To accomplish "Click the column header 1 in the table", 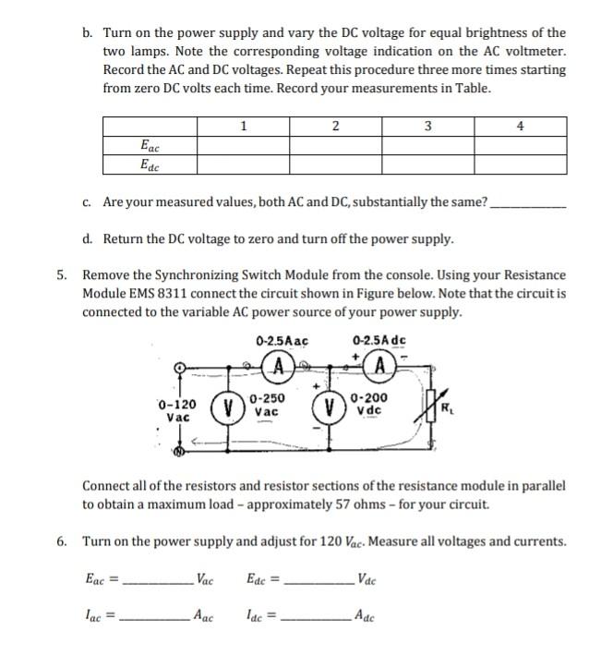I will click(x=243, y=126).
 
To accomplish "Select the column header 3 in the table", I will click(x=427, y=126).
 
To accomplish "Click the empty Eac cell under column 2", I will click(x=335, y=145).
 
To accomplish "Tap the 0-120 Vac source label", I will click(x=176, y=410).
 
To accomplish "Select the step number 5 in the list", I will click(x=61, y=275).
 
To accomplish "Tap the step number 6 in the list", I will click(x=61, y=541).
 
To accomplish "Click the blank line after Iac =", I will click(x=154, y=617).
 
